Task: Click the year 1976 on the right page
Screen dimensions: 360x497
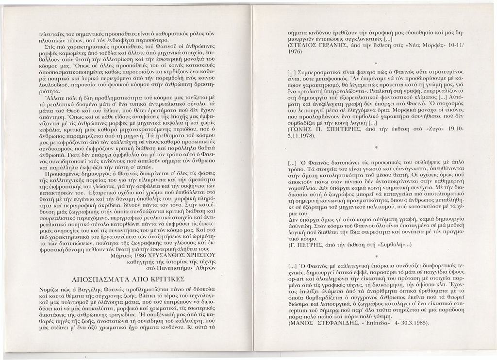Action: (296, 50)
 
